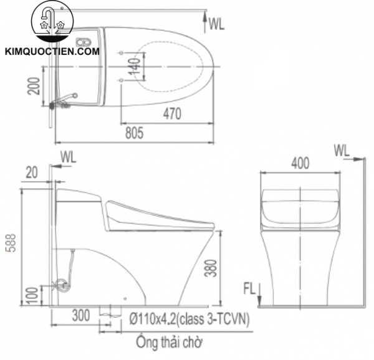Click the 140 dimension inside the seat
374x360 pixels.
pos(133,64)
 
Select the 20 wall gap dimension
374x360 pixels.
pos(32,171)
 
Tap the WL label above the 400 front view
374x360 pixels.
pos(342,150)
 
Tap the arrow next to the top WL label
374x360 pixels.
pos(205,22)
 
